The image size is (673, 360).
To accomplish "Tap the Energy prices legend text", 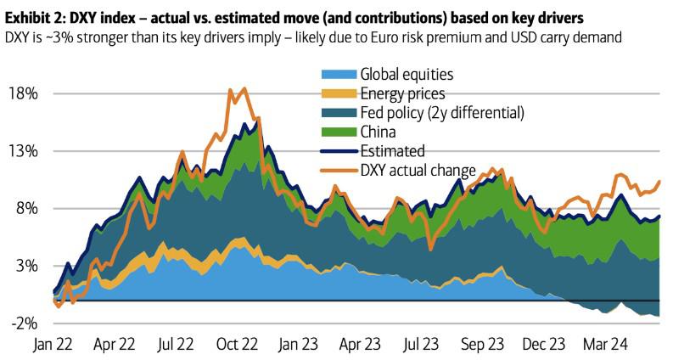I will pyautogui.click(x=402, y=94).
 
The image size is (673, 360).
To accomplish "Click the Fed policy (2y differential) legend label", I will pyautogui.click(x=442, y=113).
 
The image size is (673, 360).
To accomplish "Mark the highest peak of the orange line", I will pyautogui.click(x=244, y=88).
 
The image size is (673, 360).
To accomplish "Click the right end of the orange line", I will pyautogui.click(x=659, y=181).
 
